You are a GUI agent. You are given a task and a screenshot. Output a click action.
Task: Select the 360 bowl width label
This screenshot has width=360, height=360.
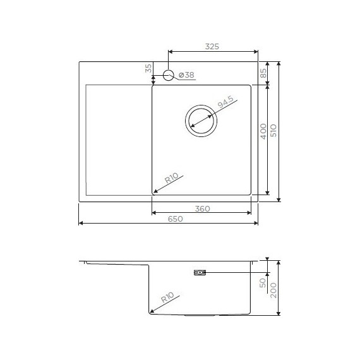point(203,208)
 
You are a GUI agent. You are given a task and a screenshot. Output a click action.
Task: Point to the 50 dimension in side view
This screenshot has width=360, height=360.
point(263,282)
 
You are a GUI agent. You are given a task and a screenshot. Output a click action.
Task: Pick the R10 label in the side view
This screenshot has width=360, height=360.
point(168,297)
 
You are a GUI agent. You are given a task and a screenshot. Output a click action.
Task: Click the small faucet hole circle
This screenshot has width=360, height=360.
point(169,76)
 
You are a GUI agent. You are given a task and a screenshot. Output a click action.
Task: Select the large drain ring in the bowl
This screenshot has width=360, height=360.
point(201,119)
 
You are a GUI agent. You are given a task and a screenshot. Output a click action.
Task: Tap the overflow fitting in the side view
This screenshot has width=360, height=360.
point(199,273)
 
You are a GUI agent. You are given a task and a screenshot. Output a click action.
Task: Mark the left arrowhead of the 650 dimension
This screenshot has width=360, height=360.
point(81,223)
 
